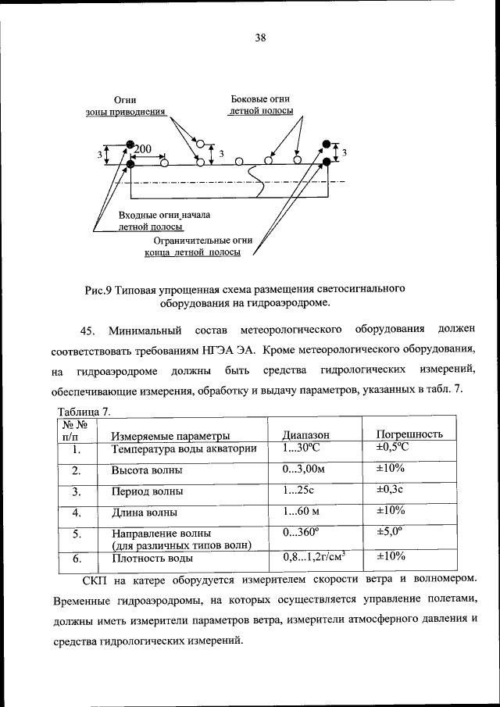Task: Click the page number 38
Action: [260, 37]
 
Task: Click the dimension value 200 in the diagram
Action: [144, 149]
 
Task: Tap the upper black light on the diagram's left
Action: [130, 146]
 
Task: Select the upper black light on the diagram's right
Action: [327, 144]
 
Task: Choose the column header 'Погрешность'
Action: [410, 434]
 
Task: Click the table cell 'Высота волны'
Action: [148, 471]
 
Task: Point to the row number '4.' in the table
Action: [77, 513]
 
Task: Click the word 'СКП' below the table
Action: [98, 582]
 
